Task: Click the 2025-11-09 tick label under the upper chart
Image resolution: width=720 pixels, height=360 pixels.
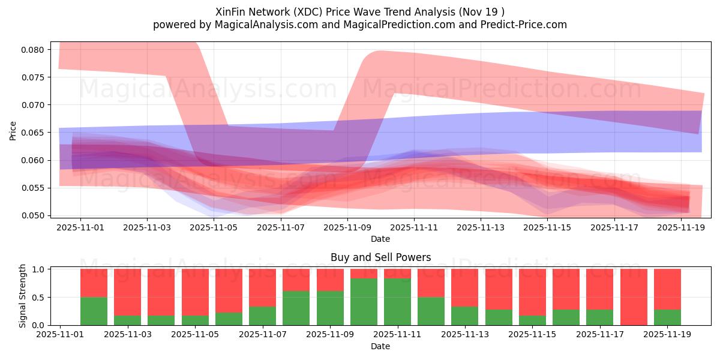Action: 347,228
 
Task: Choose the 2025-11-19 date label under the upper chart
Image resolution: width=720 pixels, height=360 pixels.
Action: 680,228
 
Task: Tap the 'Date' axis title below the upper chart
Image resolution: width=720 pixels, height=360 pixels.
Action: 380,239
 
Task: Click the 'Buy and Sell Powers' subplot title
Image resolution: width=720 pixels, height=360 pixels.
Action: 380,257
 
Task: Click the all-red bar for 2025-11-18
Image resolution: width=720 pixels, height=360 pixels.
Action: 634,297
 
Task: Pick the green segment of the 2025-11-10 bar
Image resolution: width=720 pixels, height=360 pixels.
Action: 364,302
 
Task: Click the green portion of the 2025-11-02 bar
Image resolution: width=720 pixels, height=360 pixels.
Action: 94,311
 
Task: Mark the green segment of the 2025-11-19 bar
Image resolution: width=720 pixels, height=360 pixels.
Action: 667,317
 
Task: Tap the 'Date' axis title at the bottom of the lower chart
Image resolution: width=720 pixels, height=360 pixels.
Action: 380,346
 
